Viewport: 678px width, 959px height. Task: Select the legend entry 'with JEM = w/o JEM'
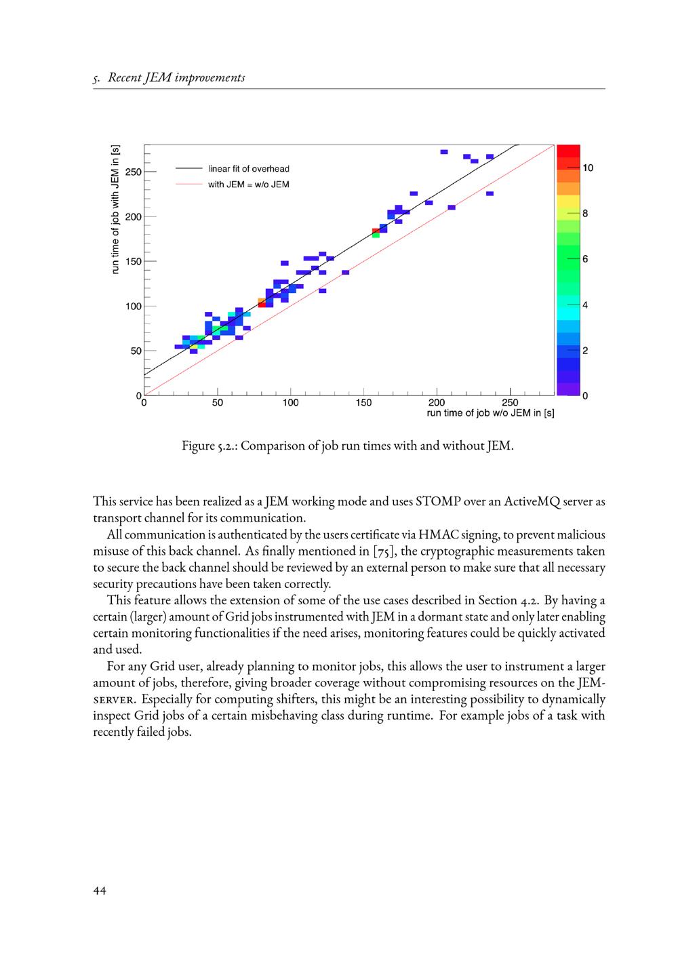(249, 184)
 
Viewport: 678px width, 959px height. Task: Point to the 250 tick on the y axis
(134, 172)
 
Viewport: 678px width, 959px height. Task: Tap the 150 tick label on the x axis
(364, 403)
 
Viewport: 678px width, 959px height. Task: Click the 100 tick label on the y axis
(134, 307)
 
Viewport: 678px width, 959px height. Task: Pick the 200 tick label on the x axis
(437, 403)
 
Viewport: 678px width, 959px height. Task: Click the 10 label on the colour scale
(588, 168)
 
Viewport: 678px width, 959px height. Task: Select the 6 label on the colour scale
(585, 260)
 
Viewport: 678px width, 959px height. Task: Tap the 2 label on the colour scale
(585, 351)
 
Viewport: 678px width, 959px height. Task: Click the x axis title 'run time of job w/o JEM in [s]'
(490, 413)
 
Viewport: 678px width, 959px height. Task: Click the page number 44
(100, 891)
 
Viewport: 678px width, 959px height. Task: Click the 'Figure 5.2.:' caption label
(209, 446)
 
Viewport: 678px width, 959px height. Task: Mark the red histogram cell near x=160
(376, 231)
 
